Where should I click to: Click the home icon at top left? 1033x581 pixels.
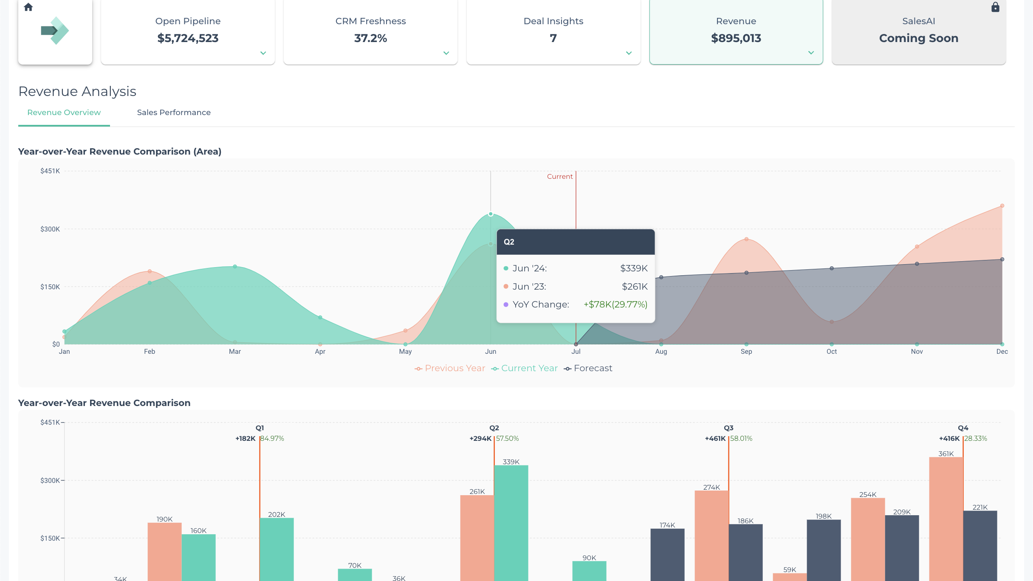[28, 7]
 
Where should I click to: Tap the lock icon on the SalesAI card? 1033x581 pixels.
[995, 7]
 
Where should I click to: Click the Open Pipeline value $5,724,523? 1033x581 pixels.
[188, 38]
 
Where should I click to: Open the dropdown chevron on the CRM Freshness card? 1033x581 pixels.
[446, 53]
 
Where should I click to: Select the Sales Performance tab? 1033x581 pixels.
[174, 113]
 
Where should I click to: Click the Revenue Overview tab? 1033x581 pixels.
[64, 113]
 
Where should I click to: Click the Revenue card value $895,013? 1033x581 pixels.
[736, 38]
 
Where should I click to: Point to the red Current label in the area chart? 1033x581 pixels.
[559, 177]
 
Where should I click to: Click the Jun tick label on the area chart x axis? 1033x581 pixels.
[491, 352]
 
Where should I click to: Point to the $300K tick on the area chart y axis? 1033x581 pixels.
[50, 229]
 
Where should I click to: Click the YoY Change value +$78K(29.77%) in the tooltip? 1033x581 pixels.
[615, 305]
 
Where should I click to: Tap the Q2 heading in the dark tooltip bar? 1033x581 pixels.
[509, 242]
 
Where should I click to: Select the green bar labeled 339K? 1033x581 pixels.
[511, 522]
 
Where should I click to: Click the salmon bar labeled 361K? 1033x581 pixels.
[946, 518]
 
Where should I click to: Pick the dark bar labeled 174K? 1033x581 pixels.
[667, 554]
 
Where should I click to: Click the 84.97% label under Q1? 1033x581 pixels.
[272, 439]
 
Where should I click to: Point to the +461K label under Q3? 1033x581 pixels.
[715, 439]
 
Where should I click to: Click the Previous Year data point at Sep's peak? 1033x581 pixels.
[746, 239]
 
